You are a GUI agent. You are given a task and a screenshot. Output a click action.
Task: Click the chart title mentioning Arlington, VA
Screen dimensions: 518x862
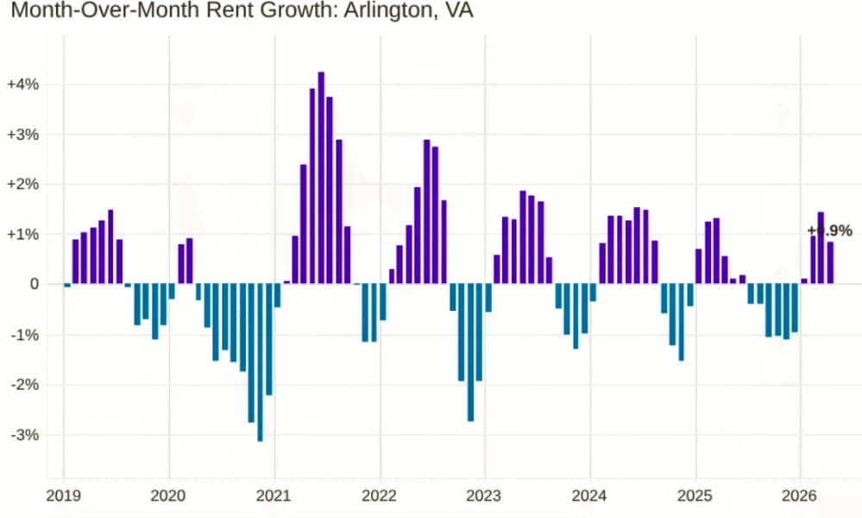tap(242, 12)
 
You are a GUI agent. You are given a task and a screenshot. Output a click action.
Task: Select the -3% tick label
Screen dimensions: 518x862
tap(24, 434)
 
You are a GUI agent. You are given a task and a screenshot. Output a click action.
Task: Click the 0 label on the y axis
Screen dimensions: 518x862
tap(35, 284)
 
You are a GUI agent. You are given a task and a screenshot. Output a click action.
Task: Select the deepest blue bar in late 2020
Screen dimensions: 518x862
tap(260, 363)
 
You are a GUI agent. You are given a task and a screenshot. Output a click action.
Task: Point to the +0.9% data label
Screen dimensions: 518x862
tap(829, 231)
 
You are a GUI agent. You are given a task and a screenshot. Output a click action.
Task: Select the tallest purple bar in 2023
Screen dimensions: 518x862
tap(523, 237)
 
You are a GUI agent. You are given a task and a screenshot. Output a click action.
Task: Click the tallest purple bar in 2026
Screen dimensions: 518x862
tap(821, 248)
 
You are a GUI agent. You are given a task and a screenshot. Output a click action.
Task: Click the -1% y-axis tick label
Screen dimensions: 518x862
tap(24, 334)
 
